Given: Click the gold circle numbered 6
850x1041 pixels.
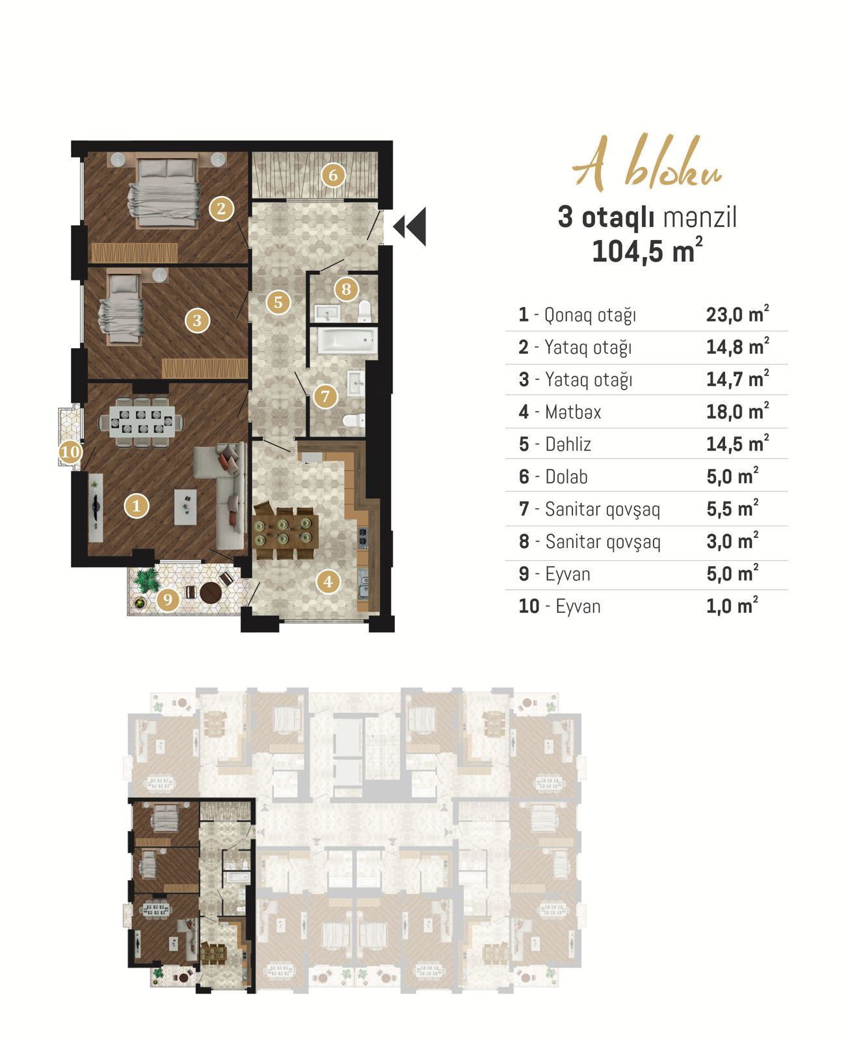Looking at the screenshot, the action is click(333, 175).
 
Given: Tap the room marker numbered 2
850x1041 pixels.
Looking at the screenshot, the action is click(221, 208).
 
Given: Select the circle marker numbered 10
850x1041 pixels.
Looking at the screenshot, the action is click(70, 452).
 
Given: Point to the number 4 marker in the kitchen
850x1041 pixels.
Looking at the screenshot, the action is click(328, 582).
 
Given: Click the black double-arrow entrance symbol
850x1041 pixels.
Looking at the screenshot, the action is click(410, 226).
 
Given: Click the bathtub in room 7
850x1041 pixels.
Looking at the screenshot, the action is click(347, 340).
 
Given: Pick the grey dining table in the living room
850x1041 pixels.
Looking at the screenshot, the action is click(141, 422).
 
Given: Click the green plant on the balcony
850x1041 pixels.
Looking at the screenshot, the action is click(146, 580).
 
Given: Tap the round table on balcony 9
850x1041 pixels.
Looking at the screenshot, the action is click(211, 592).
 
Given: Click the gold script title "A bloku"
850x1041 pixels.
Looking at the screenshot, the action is click(647, 163).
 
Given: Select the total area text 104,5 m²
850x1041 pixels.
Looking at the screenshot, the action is click(647, 250).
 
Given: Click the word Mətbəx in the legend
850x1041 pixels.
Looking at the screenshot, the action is click(573, 412).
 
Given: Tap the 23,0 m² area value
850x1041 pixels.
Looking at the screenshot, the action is click(737, 314).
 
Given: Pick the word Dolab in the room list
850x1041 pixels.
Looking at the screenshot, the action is click(566, 477).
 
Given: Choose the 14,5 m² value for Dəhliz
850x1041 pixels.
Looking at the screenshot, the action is click(737, 444).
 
